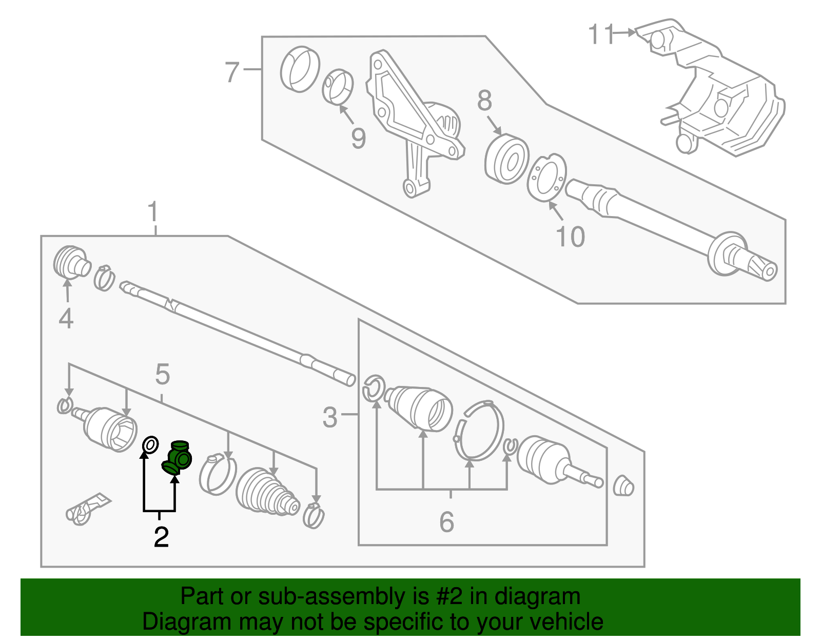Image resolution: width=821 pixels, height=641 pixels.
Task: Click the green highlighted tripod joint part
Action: (x=178, y=457)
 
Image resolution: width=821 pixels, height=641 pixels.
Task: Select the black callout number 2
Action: (x=161, y=537)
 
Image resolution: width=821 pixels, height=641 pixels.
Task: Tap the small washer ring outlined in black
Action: (x=149, y=445)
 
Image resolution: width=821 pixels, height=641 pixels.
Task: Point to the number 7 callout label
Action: (x=232, y=72)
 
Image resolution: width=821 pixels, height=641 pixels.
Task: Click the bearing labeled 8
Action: (x=506, y=159)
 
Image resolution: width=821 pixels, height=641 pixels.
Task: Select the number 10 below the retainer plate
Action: (x=570, y=237)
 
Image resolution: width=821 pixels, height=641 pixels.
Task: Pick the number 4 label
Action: (x=66, y=319)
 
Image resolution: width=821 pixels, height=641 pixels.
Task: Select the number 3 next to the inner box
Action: (x=330, y=417)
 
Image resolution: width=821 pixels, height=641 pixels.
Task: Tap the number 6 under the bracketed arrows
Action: (x=446, y=522)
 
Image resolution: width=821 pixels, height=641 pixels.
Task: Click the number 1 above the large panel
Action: (x=153, y=212)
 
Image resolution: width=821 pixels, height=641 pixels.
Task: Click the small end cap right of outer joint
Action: (x=623, y=485)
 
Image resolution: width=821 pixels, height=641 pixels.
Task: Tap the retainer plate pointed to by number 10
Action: (x=547, y=178)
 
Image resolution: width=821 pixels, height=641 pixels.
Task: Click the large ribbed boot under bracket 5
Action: (x=267, y=492)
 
